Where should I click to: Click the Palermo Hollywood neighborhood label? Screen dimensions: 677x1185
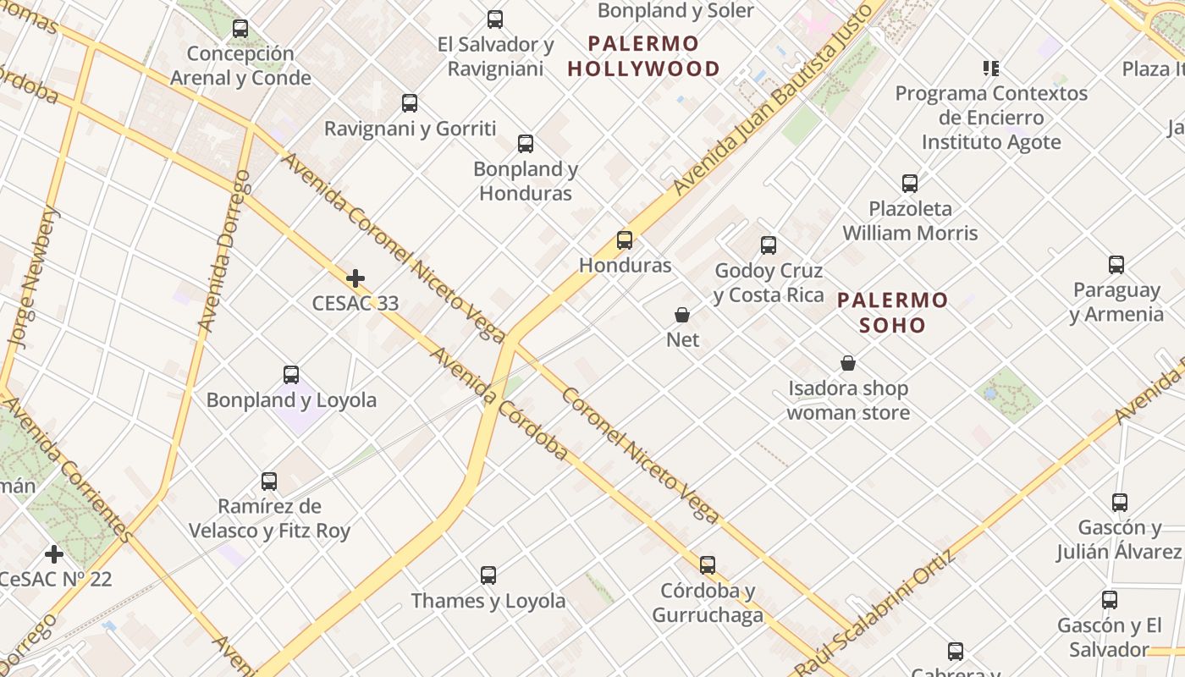(x=643, y=56)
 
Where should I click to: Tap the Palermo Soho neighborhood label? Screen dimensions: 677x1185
(x=892, y=312)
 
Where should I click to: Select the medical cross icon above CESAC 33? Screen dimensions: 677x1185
(x=355, y=278)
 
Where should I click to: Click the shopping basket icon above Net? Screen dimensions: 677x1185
(x=682, y=315)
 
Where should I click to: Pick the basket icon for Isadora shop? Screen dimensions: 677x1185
(x=848, y=363)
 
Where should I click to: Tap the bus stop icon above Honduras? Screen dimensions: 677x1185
(x=625, y=240)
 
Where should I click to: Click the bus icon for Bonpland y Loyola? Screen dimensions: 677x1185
(x=291, y=374)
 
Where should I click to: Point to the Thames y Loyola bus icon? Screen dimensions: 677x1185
(x=488, y=575)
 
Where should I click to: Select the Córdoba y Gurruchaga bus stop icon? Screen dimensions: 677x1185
(x=708, y=564)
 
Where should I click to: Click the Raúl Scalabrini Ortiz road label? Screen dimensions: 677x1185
(x=877, y=614)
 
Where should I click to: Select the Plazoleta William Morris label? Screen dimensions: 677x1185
(x=910, y=220)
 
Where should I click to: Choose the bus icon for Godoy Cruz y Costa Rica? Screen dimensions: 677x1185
(x=769, y=245)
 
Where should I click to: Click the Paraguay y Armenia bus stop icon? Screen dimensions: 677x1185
(x=1116, y=265)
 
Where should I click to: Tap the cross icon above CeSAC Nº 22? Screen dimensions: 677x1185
(x=54, y=554)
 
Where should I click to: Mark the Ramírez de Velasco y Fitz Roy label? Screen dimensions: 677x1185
(x=269, y=519)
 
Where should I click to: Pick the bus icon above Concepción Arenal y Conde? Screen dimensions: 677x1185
(x=240, y=28)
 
